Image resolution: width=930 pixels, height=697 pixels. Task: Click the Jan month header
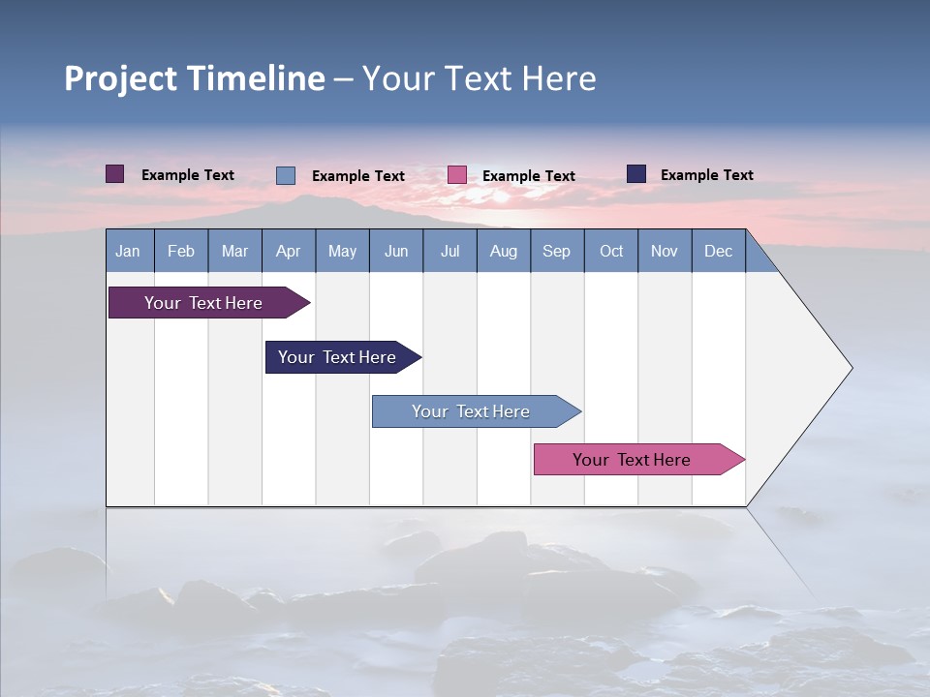click(128, 251)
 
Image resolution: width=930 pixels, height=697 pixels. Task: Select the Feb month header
click(181, 251)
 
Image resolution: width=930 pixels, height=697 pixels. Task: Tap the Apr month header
click(288, 251)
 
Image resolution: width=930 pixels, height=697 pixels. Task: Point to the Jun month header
click(396, 251)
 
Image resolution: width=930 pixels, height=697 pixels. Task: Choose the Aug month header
click(503, 251)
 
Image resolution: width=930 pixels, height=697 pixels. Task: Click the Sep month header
click(556, 251)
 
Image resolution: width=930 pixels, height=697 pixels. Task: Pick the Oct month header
click(611, 251)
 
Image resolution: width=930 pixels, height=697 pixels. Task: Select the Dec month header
click(718, 251)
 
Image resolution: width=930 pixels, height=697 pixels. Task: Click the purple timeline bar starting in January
click(203, 303)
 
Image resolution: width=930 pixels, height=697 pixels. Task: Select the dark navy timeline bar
click(337, 357)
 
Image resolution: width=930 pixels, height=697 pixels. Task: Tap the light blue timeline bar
click(471, 411)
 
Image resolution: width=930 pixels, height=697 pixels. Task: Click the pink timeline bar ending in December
click(632, 460)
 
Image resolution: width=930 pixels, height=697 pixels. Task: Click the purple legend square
click(115, 174)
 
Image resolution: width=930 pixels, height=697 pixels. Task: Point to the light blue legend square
click(286, 175)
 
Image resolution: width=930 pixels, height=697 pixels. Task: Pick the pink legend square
click(457, 175)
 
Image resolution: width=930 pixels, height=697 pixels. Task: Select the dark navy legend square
click(636, 174)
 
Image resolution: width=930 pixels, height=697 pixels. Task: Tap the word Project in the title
click(119, 78)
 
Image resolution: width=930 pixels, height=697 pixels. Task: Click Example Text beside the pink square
click(529, 176)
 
